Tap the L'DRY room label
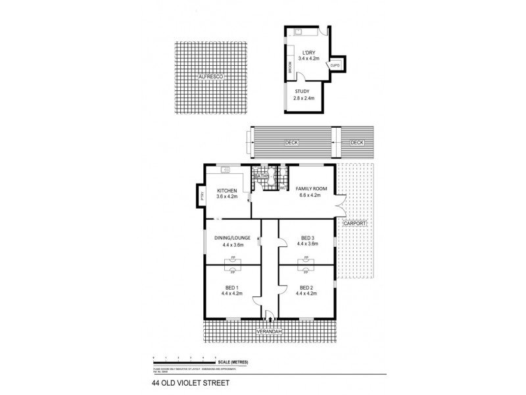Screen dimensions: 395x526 pyautogui.click(x=308, y=52)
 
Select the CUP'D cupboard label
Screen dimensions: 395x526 pyautogui.click(x=335, y=65)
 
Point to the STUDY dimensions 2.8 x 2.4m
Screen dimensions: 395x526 pyautogui.click(x=304, y=98)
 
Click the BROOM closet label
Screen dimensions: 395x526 pyautogui.click(x=290, y=67)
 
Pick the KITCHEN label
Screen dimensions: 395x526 pyautogui.click(x=226, y=190)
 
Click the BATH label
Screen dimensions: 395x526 pyautogui.click(x=261, y=176)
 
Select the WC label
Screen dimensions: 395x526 pyautogui.click(x=282, y=188)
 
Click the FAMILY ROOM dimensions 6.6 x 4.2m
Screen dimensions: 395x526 pyautogui.click(x=308, y=196)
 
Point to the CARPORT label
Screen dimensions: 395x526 pyautogui.click(x=354, y=224)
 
